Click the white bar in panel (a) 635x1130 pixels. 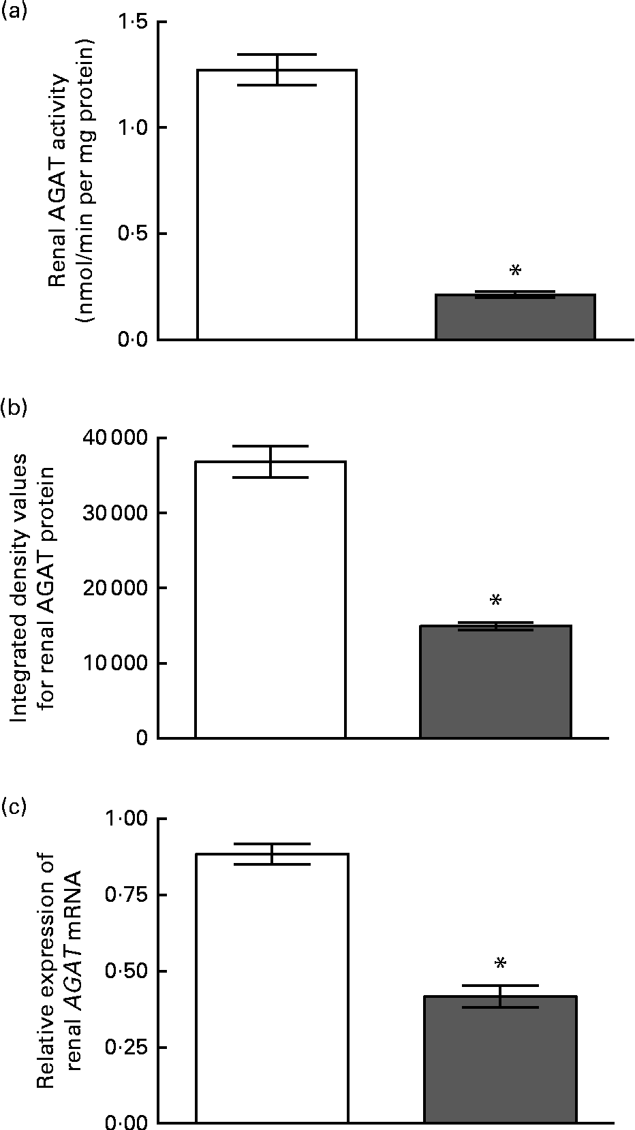click(277, 204)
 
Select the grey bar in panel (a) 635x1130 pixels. click(515, 317)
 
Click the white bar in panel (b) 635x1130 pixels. click(270, 599)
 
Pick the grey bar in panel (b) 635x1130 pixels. click(495, 681)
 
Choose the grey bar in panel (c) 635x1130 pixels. click(501, 1056)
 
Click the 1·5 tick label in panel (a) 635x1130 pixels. click(133, 22)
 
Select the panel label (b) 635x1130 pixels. click(12, 407)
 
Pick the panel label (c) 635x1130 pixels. click(12, 807)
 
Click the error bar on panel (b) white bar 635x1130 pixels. click(270, 462)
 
